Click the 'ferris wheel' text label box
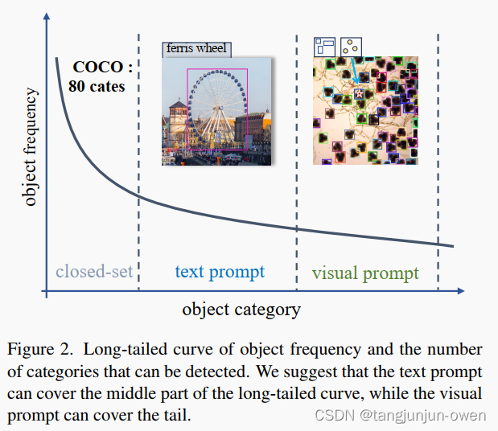click(196, 48)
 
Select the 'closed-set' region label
click(93, 272)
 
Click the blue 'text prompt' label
click(220, 272)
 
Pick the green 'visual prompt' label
click(365, 273)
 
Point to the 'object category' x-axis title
click(241, 309)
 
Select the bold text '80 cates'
click(97, 85)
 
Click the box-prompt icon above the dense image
click(324, 46)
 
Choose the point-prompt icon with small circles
click(351, 46)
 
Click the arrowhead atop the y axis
click(47, 18)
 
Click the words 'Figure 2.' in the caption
click(39, 350)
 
